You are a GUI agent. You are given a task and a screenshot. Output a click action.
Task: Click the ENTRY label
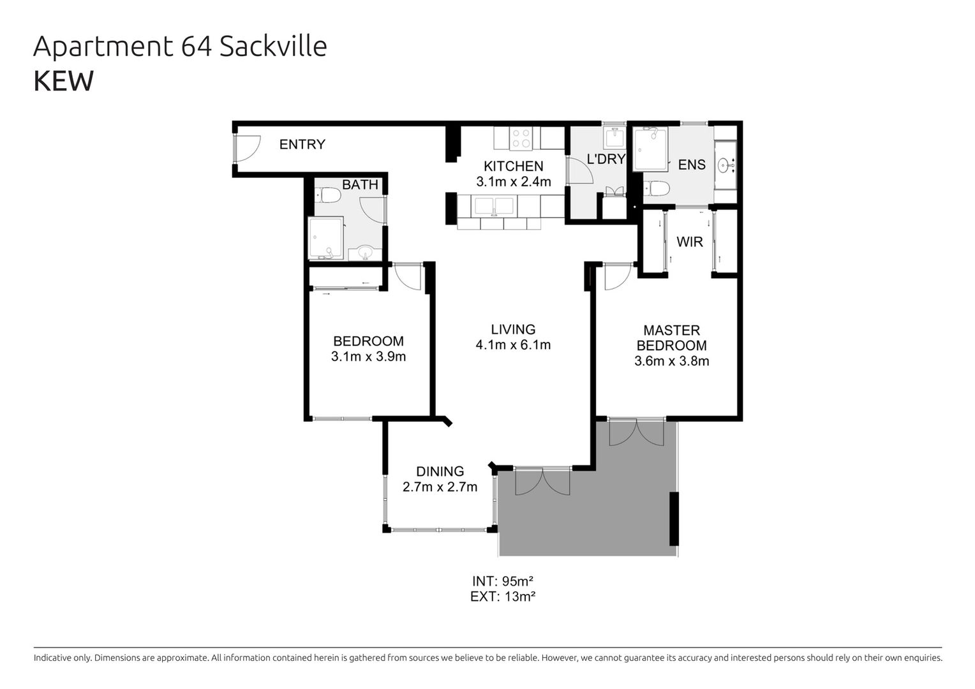coord(302,144)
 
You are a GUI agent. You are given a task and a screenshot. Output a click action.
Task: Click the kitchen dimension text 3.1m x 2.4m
coord(514,181)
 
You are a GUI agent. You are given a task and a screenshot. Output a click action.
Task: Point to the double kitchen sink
coord(494,207)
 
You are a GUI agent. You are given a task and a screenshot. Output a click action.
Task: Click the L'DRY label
coord(606,159)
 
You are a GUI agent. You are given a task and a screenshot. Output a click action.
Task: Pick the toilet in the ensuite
coord(657,189)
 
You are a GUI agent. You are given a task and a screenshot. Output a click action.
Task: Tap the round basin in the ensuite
coord(724,165)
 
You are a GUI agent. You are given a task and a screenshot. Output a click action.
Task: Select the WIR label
coord(690,242)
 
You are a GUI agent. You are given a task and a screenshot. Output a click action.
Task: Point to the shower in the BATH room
coord(325,238)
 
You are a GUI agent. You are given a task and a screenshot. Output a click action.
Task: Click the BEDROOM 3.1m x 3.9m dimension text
coord(368,357)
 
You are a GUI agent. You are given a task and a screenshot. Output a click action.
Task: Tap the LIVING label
coord(513,329)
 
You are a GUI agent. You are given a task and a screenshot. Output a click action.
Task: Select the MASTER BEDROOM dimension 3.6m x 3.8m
coord(672,361)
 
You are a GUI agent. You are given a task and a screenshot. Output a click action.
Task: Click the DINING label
coord(440,471)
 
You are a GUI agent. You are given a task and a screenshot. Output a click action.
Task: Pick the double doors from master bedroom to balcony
coord(636,432)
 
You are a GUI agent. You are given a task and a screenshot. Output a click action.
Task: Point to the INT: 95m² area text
coord(503,581)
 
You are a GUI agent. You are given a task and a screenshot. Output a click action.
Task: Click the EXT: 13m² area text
coord(503,596)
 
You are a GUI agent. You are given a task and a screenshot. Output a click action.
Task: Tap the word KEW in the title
coord(64,81)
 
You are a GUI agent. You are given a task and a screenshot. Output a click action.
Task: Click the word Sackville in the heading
coord(273,46)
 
